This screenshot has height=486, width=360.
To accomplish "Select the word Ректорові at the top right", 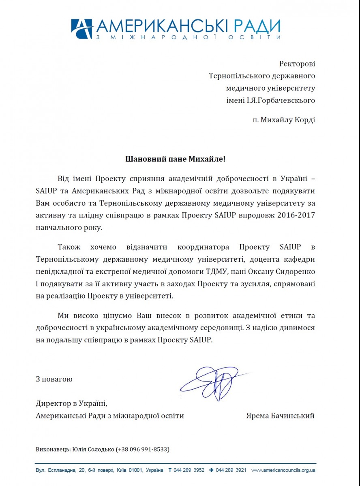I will point(297,64).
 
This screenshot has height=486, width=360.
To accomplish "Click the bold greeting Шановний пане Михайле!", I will point(175,158).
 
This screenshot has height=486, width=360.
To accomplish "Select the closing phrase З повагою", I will point(54,379).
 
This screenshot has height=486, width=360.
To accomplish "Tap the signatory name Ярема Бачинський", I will point(280,416).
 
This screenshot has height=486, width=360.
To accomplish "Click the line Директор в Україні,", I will point(71,403).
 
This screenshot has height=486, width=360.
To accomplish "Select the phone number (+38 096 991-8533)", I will point(142,449).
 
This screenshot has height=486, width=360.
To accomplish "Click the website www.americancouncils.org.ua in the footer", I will point(283,470).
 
